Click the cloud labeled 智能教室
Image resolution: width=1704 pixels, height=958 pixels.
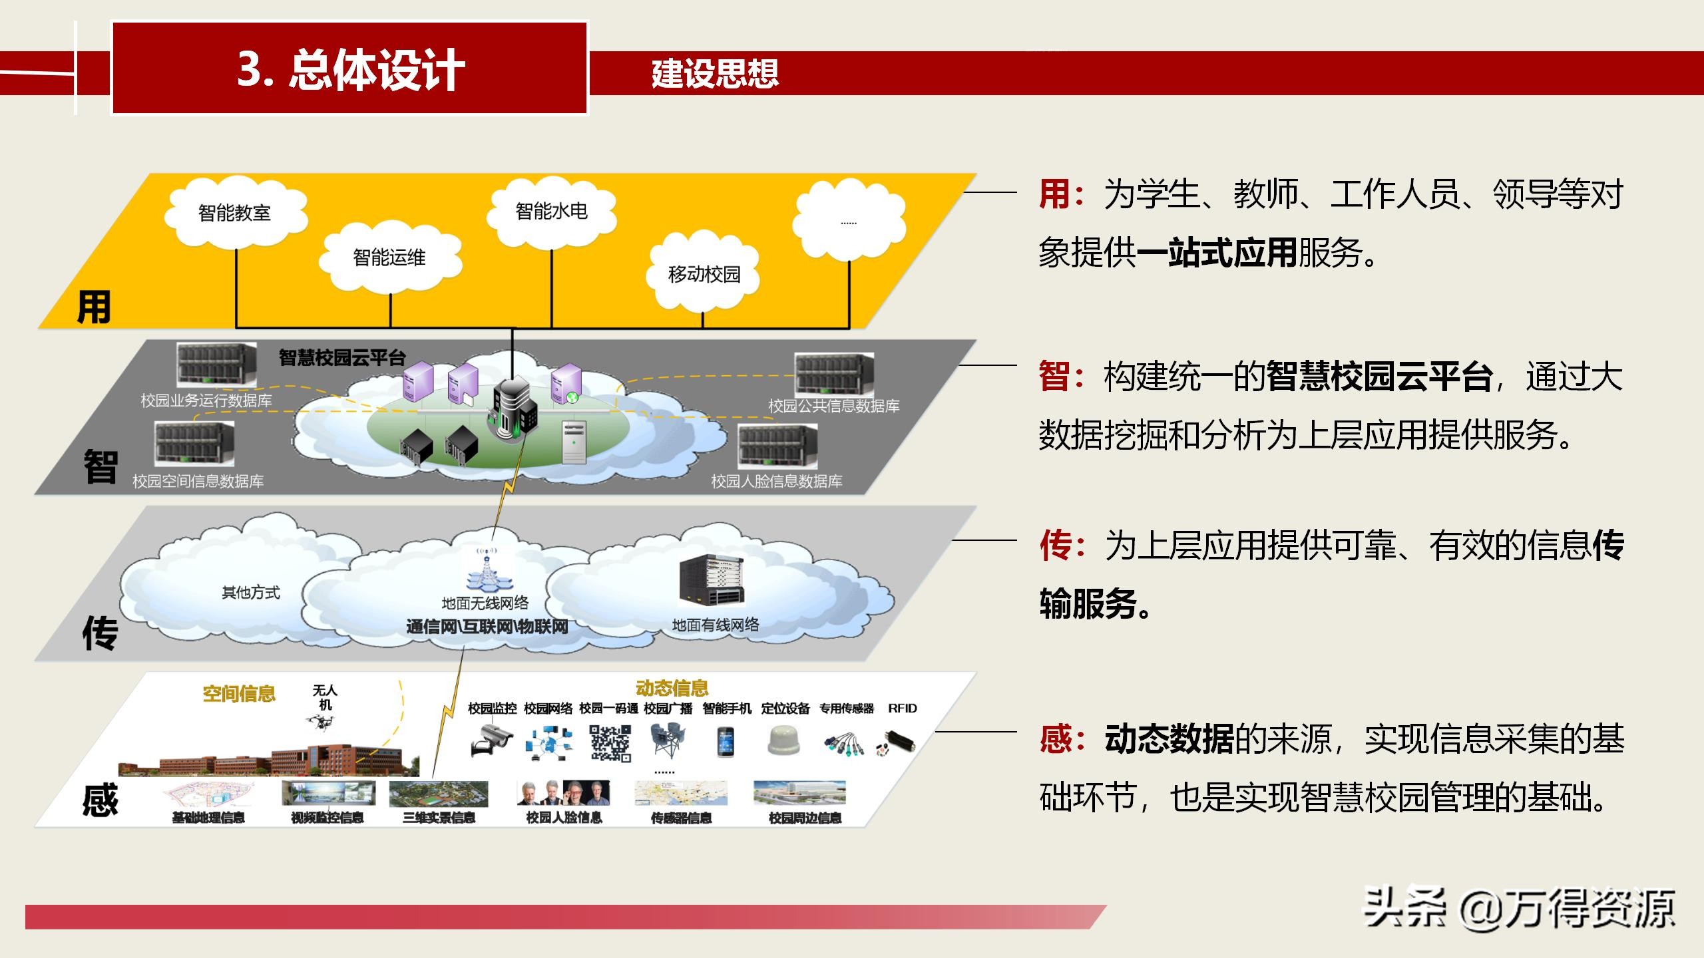235,212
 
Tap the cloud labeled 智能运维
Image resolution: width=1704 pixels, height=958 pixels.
389,257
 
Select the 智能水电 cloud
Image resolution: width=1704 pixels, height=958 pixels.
551,211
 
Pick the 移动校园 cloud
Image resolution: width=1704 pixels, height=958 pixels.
704,273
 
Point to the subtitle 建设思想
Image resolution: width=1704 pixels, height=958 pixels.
715,73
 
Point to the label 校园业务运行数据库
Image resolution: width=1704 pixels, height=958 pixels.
206,400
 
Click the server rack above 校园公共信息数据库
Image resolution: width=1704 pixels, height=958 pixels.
834,374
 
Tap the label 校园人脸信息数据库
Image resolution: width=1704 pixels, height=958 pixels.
776,481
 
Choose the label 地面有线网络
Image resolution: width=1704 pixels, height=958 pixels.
715,625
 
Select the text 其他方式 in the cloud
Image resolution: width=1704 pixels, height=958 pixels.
251,592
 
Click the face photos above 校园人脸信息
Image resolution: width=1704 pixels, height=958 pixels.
563,792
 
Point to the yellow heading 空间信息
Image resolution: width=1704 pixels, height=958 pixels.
239,694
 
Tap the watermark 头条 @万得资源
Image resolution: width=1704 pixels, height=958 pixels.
1519,908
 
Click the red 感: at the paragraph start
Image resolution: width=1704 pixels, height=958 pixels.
1062,739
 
